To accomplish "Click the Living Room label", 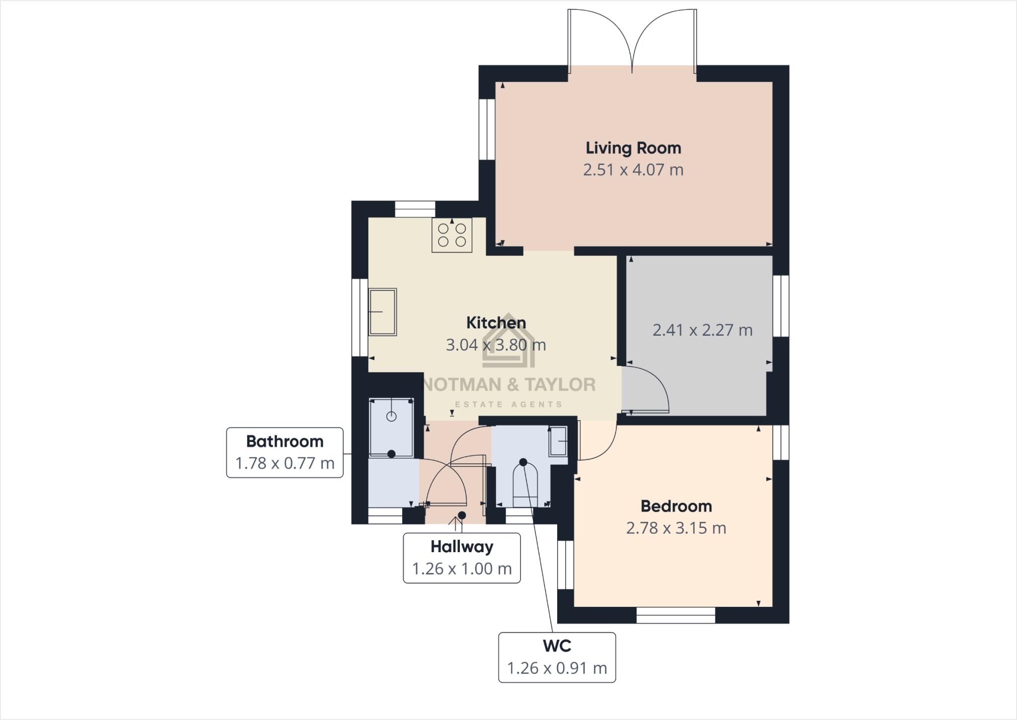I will (x=633, y=148).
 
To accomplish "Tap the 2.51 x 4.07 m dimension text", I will (x=633, y=170).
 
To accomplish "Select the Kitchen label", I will (x=496, y=323).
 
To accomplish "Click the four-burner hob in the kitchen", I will (x=452, y=235).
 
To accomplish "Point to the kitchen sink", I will (x=382, y=312).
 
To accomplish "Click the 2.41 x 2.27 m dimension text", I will (x=702, y=330).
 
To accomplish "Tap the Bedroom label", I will (x=676, y=506).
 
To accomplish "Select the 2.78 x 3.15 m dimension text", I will (x=676, y=528).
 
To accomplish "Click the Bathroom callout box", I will (x=285, y=452).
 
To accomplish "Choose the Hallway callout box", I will (x=461, y=558).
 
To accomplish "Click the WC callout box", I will (x=557, y=657).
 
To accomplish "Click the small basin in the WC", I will (x=558, y=441).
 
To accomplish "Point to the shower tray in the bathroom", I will (x=391, y=427).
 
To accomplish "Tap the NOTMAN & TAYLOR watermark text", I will (x=508, y=385).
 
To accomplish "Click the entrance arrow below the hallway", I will (x=455, y=524).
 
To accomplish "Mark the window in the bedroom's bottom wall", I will (x=676, y=615).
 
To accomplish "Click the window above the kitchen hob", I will (x=415, y=209).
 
